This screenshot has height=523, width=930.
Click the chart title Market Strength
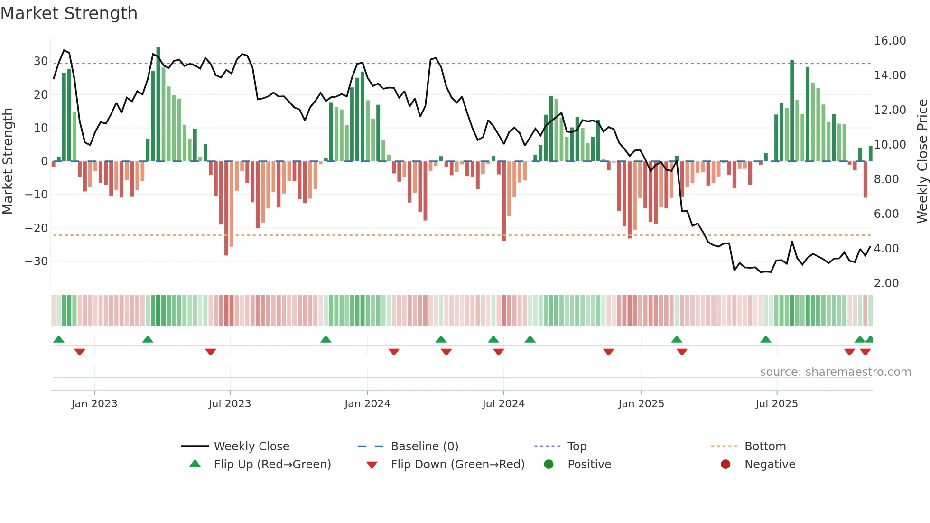tap(69, 13)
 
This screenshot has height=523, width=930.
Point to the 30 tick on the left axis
tap(40, 61)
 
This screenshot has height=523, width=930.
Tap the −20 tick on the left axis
tap(37, 228)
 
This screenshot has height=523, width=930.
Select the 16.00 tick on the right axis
tap(890, 41)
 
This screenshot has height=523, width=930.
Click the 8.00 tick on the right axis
tap(886, 179)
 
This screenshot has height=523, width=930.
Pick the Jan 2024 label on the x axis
tap(367, 404)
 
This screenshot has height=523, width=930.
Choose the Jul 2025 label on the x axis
tap(776, 404)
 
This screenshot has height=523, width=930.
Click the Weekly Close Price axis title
tap(922, 161)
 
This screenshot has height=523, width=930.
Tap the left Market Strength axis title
tap(8, 161)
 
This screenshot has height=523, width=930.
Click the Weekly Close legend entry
tap(251, 447)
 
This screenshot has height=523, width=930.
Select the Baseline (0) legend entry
tap(424, 447)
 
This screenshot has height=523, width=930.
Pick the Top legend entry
tap(577, 447)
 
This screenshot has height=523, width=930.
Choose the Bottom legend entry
tap(765, 447)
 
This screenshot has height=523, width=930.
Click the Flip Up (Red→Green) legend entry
tap(272, 465)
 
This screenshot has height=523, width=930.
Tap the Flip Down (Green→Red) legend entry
tap(457, 465)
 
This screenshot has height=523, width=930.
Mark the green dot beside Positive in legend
tap(549, 465)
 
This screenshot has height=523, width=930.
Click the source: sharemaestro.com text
tap(835, 372)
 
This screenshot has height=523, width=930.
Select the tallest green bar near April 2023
tap(158, 104)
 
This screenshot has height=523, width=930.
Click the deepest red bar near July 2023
tap(226, 209)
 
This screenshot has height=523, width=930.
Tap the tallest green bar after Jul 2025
tap(792, 111)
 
